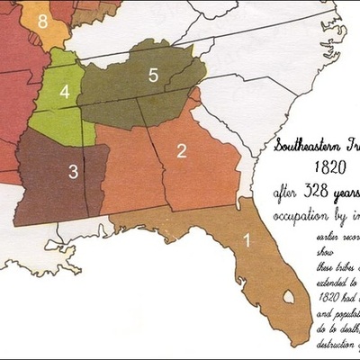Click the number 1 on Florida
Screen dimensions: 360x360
coord(247,240)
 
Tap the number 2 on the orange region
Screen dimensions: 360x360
coord(181,150)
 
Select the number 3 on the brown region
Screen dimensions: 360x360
coord(74,169)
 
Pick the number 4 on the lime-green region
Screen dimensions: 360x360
coord(64,92)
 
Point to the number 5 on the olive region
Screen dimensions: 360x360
coord(153,76)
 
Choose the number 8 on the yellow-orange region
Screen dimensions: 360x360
coord(44,21)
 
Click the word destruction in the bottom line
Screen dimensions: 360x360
coord(337,344)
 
